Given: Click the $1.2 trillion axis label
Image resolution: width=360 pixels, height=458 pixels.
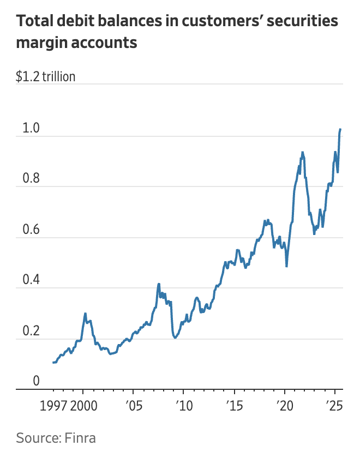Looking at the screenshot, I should (46, 76).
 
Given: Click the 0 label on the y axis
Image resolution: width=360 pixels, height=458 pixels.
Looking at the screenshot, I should (36, 381).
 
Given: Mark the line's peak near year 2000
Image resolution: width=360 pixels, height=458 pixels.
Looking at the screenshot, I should (85, 314).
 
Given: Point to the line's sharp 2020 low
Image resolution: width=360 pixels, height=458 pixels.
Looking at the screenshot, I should (286, 266).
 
